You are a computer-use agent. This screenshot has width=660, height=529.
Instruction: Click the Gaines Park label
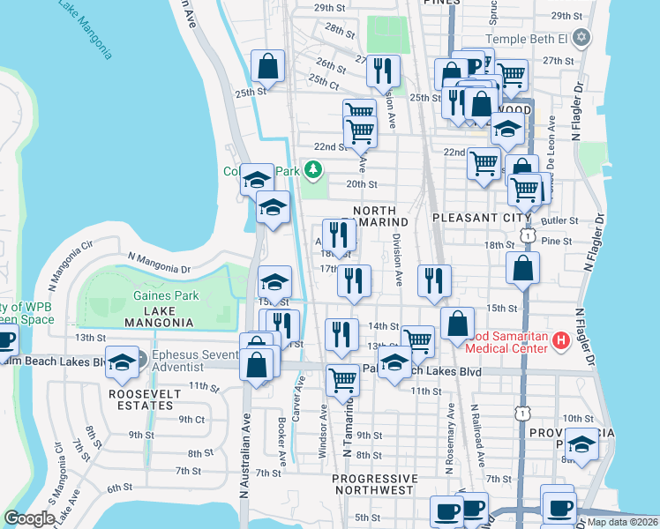(x=166, y=296)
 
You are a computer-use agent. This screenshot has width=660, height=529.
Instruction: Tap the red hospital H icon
(x=559, y=340)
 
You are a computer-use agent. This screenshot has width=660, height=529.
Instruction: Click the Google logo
(x=30, y=518)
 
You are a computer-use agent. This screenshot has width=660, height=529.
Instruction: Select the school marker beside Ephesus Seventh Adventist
(x=122, y=361)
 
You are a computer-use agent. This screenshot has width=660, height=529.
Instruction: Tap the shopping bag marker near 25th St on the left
(x=267, y=66)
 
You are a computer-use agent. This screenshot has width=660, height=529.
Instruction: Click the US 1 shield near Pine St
(x=527, y=235)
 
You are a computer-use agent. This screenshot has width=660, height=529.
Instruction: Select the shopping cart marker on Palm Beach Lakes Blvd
(x=342, y=381)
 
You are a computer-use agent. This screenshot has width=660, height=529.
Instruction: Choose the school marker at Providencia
(x=581, y=446)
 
